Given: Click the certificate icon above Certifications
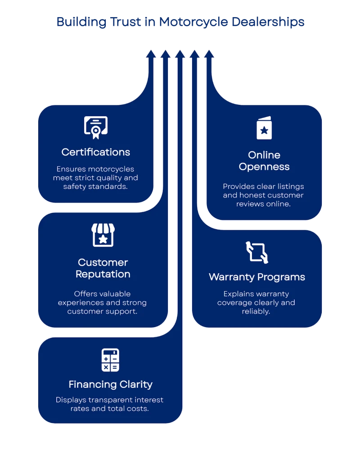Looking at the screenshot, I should coord(96,127).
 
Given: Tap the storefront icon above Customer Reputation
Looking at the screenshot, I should coord(103,235).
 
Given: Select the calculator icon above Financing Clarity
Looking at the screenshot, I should coord(110,360).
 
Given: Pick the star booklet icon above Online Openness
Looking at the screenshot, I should coord(264,128).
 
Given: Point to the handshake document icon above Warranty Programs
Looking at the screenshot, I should coord(257,252).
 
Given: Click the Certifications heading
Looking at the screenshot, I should coord(96,152).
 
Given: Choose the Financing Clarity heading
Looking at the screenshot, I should coord(110,384).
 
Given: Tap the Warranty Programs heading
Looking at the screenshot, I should coord(257,277).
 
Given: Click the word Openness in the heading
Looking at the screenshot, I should coord(264,167).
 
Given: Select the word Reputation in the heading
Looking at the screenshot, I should coord(103,274).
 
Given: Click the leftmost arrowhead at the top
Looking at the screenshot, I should coord(151,54).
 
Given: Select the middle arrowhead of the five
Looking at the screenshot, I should coord(180,54).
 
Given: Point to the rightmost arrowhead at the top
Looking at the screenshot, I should coord(209,54).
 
